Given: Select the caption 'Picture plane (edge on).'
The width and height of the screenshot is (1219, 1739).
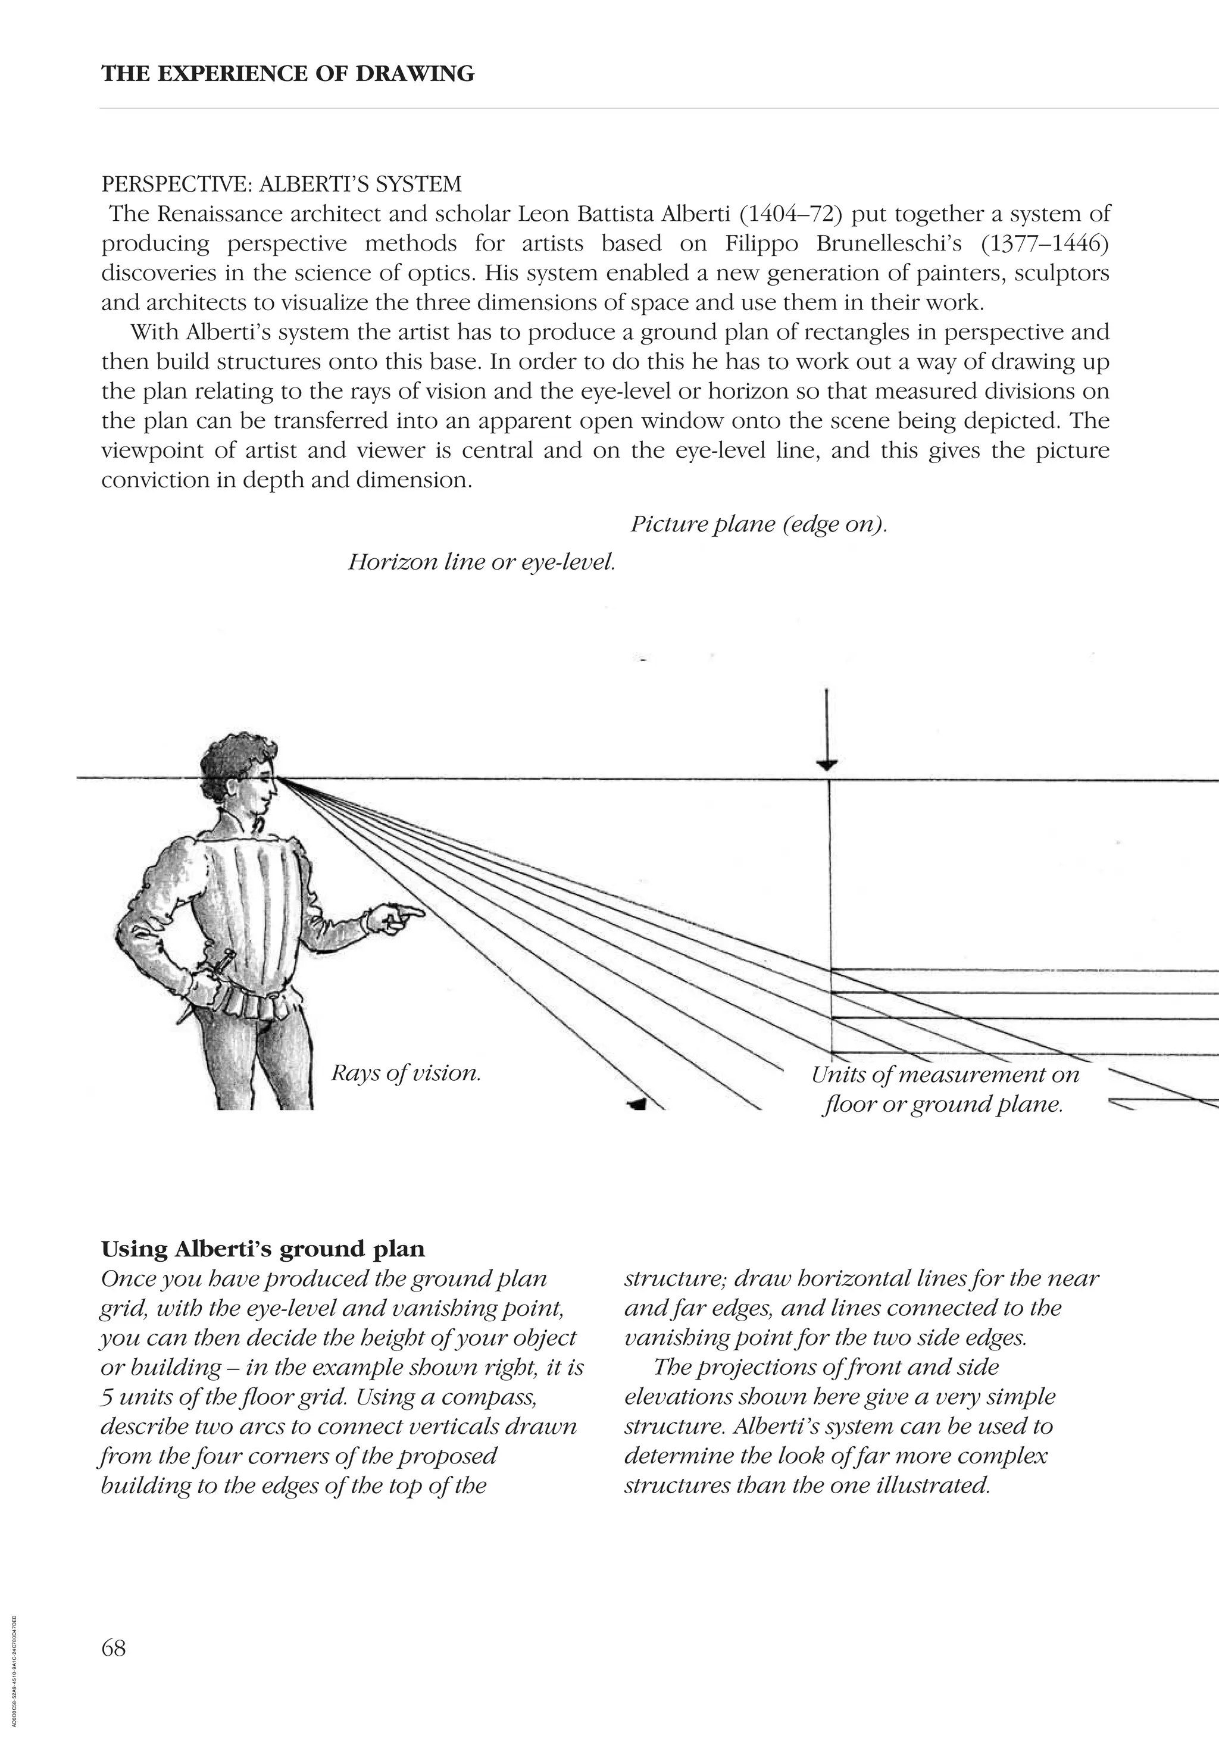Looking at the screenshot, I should (758, 524).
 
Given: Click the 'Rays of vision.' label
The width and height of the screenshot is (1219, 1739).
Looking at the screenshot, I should (406, 1072).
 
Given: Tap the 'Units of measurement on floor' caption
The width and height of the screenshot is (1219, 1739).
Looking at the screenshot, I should (944, 1075).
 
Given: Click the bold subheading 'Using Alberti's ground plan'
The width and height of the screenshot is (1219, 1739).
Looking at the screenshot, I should (263, 1249).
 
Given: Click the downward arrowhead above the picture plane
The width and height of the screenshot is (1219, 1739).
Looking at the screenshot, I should (827, 764).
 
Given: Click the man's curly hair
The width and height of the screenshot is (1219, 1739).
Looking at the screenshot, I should (231, 753).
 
